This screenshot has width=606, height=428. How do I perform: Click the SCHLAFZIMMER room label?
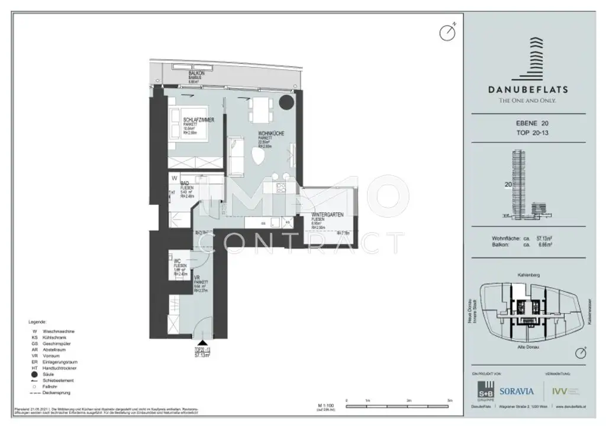(x=198, y=120)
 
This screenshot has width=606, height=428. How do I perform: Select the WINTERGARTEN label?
(x=328, y=215)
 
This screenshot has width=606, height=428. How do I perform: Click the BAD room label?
(x=184, y=184)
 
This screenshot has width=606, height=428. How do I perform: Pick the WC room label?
(x=177, y=260)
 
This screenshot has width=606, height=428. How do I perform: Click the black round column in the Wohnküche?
(x=286, y=102)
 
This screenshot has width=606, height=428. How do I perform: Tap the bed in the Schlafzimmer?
(x=186, y=127)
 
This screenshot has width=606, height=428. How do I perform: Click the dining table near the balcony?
(x=260, y=108)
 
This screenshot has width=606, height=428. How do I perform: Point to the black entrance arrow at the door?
(x=202, y=342)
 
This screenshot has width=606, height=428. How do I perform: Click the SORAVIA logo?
(x=516, y=391)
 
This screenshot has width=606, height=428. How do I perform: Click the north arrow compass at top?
(x=447, y=32)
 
